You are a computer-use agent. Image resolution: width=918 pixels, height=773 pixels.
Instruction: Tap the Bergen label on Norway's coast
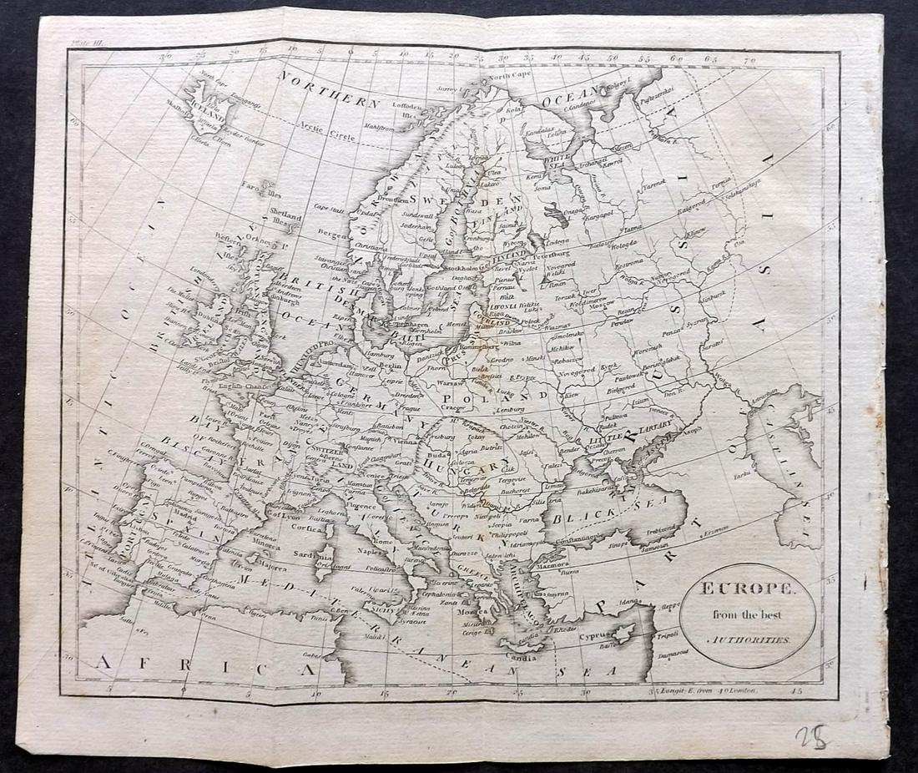(331, 236)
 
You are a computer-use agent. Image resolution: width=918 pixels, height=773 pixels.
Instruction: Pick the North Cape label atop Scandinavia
(509, 76)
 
